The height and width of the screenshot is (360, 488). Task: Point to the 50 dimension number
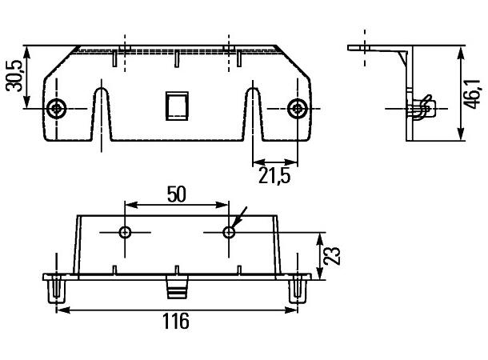point(176,194)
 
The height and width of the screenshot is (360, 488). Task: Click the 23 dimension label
point(335,256)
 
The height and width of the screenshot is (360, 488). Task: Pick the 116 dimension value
point(175,322)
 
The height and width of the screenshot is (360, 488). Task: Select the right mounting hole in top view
point(298,108)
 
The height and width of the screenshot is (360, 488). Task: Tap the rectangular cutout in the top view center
point(175,105)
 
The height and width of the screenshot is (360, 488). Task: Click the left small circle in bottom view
point(125,232)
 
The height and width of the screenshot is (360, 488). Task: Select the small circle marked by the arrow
point(229,232)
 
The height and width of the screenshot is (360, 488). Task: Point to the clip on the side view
point(422,108)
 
